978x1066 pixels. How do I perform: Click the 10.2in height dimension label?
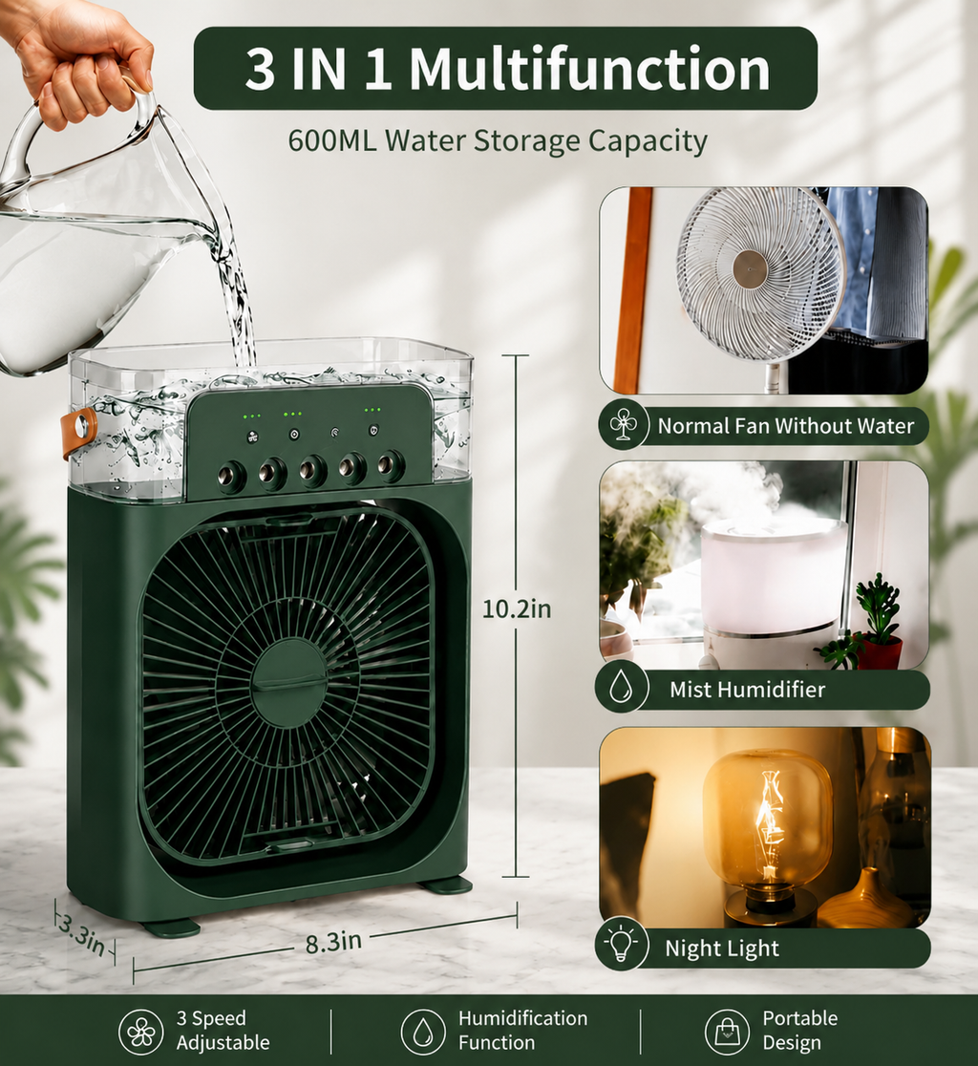517,608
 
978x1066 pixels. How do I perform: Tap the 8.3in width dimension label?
333,942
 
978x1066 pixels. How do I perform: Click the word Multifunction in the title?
589,69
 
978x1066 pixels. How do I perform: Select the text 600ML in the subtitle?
332,140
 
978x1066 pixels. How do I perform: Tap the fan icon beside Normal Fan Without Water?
624,426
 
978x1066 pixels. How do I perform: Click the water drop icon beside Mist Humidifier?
621,689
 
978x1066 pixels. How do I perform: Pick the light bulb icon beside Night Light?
621,944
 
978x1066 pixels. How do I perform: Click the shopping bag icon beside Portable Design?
727,1032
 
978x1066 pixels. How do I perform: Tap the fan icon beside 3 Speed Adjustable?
140,1032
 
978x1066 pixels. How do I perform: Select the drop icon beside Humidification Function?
423,1032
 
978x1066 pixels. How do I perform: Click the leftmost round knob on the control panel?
231,476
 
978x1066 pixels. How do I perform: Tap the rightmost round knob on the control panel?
391,466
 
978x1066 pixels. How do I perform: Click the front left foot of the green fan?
172,927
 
